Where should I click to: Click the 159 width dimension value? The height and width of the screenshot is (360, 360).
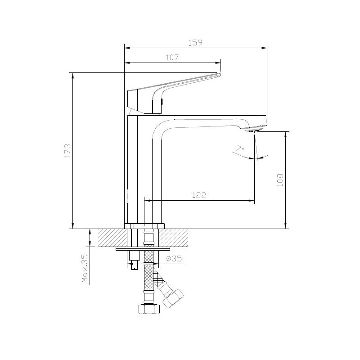pyautogui.click(x=195, y=43)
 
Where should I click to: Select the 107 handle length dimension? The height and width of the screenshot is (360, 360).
pyautogui.click(x=172, y=58)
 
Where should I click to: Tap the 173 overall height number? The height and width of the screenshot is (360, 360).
pyautogui.click(x=67, y=151)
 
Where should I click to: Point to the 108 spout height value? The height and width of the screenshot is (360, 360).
pyautogui.click(x=280, y=180)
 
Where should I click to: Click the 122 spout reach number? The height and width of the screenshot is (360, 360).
pyautogui.click(x=199, y=195)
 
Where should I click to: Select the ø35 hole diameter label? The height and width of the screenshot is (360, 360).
pyautogui.click(x=174, y=258)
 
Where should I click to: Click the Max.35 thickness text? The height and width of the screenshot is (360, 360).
pyautogui.click(x=85, y=268)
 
